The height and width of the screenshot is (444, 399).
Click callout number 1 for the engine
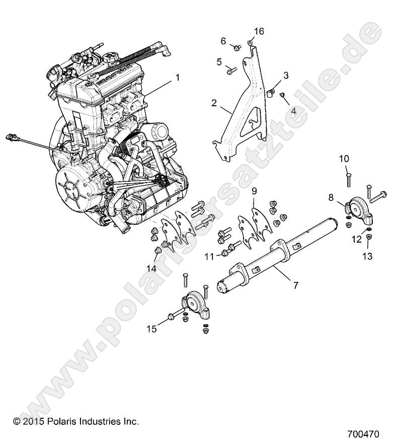[177, 78]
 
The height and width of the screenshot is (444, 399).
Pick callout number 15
[151, 329]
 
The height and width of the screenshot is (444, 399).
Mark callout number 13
[367, 256]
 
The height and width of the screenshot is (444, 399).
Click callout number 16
[259, 32]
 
